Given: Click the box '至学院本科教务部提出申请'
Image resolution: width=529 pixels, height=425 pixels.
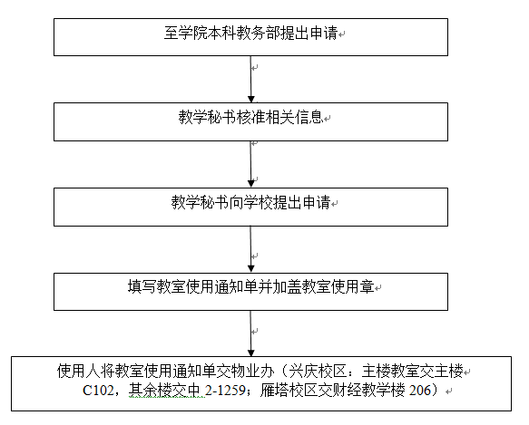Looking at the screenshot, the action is [250, 37].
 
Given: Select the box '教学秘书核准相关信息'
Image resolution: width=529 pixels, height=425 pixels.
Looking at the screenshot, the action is [250, 121].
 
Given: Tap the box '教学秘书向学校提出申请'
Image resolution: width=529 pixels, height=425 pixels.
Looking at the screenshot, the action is [250, 207].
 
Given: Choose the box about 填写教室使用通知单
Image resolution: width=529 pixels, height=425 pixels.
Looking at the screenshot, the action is [250, 292].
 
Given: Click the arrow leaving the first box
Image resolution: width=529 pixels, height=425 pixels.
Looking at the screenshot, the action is [250, 79].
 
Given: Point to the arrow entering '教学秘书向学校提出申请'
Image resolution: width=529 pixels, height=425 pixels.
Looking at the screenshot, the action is [250, 164].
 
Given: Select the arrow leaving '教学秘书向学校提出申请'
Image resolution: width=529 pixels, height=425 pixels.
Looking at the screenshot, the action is [250, 249].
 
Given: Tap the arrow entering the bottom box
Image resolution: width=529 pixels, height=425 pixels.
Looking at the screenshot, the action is [250, 333].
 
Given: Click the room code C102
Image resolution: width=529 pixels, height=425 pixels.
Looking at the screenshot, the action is [98, 391].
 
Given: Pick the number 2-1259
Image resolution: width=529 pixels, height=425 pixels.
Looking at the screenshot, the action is [225, 391].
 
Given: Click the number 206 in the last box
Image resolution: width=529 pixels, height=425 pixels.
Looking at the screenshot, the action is [420, 391].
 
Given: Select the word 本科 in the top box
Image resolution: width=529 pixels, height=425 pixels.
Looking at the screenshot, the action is [222, 33].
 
